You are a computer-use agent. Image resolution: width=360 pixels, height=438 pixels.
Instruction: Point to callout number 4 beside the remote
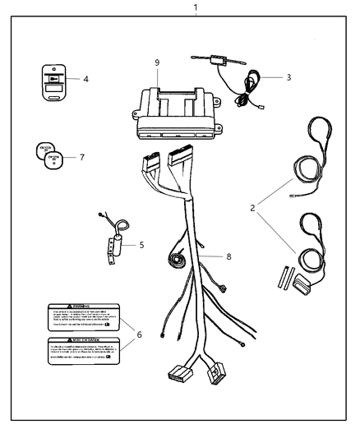tap(85, 81)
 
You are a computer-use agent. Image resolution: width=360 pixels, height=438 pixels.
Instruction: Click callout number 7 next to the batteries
tap(82, 156)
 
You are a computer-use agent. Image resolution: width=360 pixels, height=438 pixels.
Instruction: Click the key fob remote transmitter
tap(54, 81)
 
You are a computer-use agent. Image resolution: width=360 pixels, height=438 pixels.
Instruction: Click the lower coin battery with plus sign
tap(54, 160)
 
